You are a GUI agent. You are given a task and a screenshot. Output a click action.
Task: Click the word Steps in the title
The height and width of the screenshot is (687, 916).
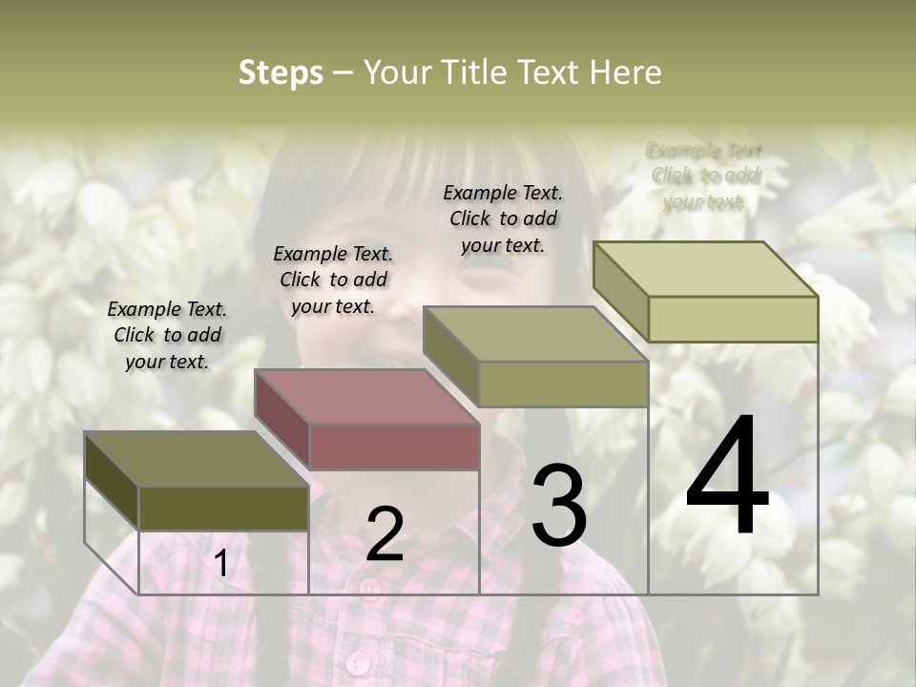coord(281,73)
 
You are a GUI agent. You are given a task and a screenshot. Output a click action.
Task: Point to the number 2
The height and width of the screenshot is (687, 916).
coord(385,534)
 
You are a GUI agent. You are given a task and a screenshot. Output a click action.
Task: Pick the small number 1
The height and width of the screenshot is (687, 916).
coord(221,564)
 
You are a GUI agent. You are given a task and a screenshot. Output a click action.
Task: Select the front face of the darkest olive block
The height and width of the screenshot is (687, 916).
coord(223,509)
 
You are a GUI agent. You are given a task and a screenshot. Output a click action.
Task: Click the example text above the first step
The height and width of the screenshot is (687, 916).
coord(167,335)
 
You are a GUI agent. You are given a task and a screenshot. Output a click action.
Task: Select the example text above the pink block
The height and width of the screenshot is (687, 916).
coord(333,280)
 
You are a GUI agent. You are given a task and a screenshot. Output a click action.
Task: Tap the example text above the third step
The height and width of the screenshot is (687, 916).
coord(503,219)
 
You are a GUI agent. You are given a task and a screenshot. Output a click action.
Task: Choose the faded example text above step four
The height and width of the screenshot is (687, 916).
coord(705,176)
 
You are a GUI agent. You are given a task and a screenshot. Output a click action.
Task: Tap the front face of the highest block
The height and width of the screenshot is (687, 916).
coord(733,319)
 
